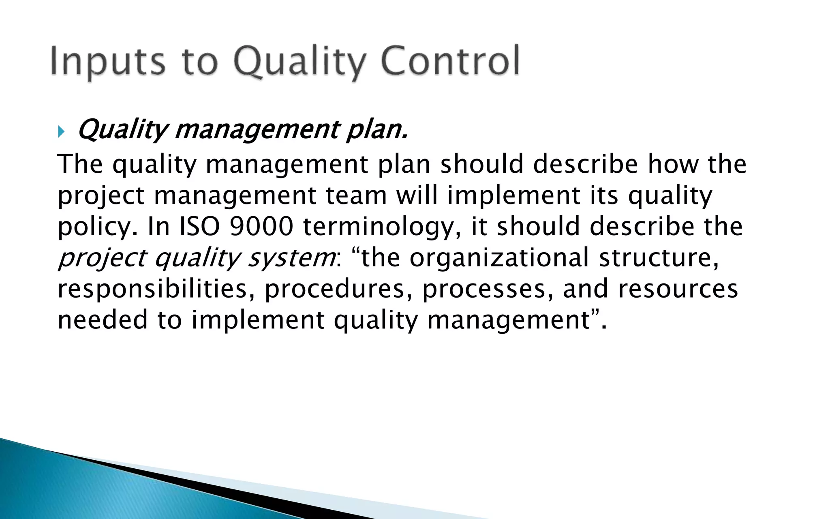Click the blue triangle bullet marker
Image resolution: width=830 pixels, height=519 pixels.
(61, 132)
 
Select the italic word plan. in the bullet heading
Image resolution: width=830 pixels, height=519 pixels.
(376, 130)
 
